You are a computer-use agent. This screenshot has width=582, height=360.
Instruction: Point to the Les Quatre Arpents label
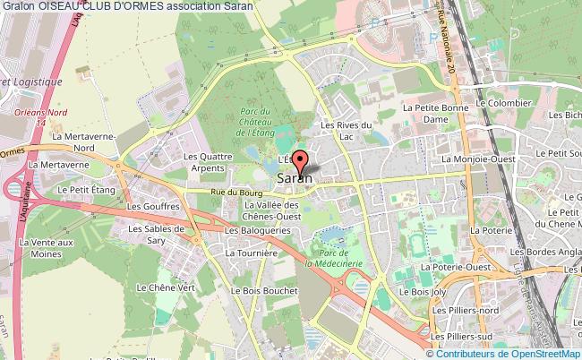pyautogui.click(x=203, y=160)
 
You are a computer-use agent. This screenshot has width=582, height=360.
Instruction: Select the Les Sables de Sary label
pyautogui.click(x=155, y=233)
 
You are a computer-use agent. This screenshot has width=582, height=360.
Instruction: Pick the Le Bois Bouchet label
pyautogui.click(x=261, y=290)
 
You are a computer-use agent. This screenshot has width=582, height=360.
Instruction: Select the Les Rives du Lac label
pyautogui.click(x=340, y=131)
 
